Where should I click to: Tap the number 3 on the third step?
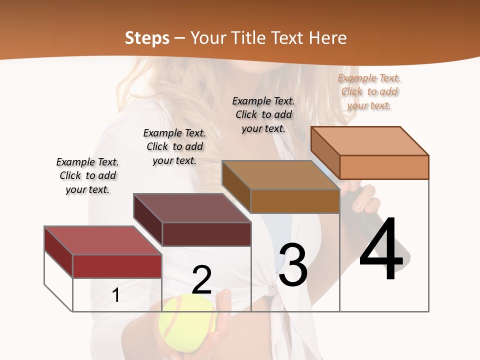click(x=293, y=265)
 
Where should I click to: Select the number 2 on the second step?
click(x=201, y=280)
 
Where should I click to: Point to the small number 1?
click(x=115, y=295)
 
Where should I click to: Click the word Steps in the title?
click(x=147, y=38)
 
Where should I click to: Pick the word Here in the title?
click(x=328, y=38)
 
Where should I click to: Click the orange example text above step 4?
click(x=369, y=91)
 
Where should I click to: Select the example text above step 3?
click(x=263, y=114)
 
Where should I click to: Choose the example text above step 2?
click(x=174, y=146)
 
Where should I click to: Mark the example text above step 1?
click(x=87, y=175)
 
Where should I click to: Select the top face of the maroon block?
click(x=192, y=208)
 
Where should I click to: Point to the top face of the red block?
click(x=103, y=240)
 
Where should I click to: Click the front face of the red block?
click(x=117, y=266)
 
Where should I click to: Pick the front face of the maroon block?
click(x=206, y=234)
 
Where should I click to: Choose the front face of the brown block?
click(x=295, y=201)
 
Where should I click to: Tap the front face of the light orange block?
click(x=384, y=167)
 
